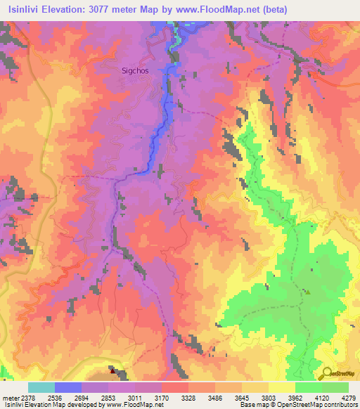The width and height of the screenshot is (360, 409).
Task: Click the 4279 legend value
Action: (349, 397)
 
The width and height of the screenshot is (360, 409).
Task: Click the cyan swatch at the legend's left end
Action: (41, 387)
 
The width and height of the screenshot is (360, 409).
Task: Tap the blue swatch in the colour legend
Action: (67, 387)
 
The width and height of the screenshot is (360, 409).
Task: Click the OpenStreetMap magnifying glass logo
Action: (328, 373)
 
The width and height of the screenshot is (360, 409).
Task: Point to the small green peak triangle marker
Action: (306, 292)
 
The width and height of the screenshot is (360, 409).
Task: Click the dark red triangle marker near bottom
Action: (112, 368)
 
